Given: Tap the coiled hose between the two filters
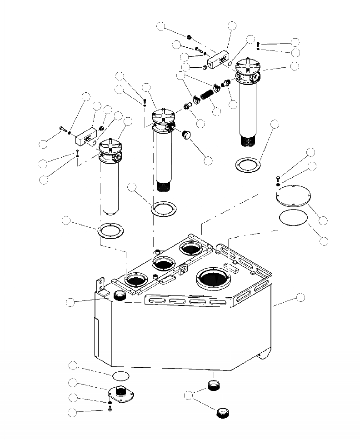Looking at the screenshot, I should [207, 96].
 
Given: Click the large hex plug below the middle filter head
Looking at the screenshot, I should [186, 136].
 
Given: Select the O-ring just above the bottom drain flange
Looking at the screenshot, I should [120, 375].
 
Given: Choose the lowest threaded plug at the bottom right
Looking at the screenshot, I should [222, 413].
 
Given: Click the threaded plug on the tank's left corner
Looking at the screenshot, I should [120, 295].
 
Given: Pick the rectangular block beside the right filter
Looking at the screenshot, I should [219, 60].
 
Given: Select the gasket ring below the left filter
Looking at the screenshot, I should [110, 230].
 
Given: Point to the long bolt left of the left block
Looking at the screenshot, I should [63, 131].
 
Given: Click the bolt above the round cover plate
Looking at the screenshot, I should [278, 177].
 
